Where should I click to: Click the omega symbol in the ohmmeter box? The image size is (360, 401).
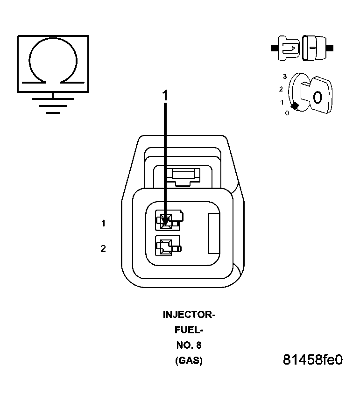click(53, 60)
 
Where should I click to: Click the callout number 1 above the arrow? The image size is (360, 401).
click(164, 95)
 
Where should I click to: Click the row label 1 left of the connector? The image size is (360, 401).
click(103, 224)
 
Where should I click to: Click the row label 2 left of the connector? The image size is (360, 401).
click(103, 249)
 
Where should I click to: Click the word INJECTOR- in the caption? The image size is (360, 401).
click(189, 315)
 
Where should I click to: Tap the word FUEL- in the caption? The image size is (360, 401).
click(189, 331)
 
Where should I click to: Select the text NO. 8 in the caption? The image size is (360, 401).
click(189, 346)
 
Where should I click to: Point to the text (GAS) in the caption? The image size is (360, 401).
click(189, 361)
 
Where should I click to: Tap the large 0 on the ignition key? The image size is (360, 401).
click(317, 98)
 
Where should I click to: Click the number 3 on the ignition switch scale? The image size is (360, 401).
click(284, 76)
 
